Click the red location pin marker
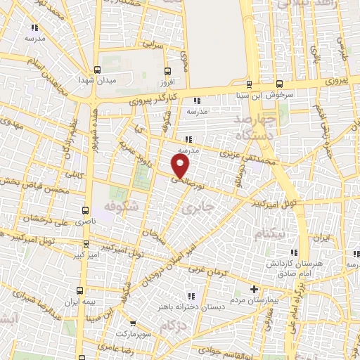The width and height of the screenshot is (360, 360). click(181, 165)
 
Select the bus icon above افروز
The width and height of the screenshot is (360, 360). click(167, 71)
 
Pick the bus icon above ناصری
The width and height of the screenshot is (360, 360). click(85, 210)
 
